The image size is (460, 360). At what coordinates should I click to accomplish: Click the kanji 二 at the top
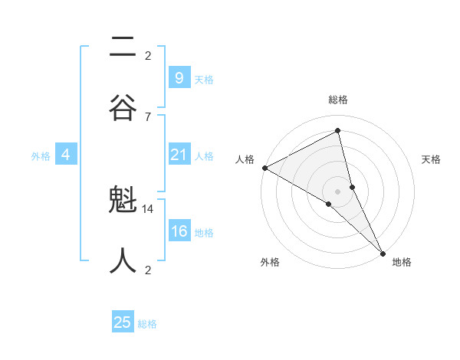pos(123,47)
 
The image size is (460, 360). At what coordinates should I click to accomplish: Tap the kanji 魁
pos(123,204)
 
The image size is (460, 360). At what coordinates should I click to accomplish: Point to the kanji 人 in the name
pos(123,260)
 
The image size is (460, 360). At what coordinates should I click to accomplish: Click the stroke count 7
pos(148,116)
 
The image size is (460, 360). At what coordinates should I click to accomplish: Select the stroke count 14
pos(148,208)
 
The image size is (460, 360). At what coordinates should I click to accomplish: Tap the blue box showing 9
pos(179,77)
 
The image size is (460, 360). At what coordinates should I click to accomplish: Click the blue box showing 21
pos(179,155)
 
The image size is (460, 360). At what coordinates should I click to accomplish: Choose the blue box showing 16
pos(179,232)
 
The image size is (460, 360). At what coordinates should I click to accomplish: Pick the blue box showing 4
pos(66,155)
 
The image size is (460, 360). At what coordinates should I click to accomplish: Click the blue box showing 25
pos(123,322)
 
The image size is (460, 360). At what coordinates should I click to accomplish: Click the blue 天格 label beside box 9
pos(204,79)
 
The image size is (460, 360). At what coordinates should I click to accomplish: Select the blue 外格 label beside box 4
pos(41,156)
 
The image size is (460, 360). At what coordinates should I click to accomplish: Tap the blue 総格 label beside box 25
pos(147,324)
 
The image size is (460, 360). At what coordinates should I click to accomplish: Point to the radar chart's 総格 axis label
pos(338,100)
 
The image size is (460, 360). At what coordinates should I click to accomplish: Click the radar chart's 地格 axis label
pos(402,262)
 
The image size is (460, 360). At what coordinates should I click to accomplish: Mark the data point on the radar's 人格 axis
pos(264,168)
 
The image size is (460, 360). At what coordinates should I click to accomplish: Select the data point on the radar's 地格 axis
pos(383,252)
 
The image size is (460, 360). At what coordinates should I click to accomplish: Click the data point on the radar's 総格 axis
pos(338,130)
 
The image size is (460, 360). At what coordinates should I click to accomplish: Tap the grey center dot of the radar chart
pos(338,190)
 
